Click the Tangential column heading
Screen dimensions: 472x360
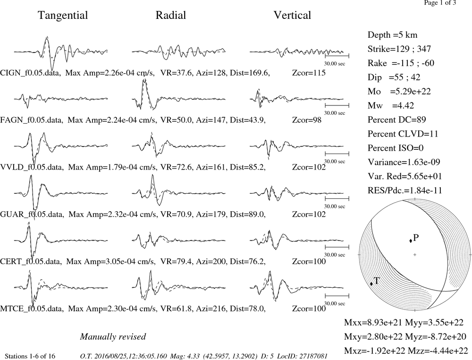click(x=63, y=16)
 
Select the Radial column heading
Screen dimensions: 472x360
click(x=171, y=15)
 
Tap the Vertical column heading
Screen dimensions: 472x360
click(x=292, y=15)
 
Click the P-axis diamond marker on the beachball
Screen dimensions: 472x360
click(x=411, y=240)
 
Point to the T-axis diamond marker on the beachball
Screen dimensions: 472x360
click(x=371, y=283)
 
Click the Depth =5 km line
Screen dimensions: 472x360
click(x=393, y=35)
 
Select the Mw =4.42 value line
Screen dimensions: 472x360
click(x=391, y=105)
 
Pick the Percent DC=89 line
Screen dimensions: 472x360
click(x=397, y=120)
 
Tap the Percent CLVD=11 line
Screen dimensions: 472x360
click(x=403, y=134)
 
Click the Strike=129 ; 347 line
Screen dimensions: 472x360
click(x=399, y=49)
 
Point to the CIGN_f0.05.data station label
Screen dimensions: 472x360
click(x=31, y=73)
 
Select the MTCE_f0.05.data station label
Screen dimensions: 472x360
click(x=32, y=309)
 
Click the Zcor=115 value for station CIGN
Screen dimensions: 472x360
click(x=309, y=73)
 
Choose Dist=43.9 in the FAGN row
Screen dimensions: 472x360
click(x=248, y=120)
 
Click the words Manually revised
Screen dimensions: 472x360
click(x=113, y=336)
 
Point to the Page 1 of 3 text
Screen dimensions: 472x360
click(x=440, y=3)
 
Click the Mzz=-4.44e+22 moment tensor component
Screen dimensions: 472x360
click(x=438, y=351)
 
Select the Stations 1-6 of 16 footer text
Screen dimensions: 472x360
click(x=30, y=356)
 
